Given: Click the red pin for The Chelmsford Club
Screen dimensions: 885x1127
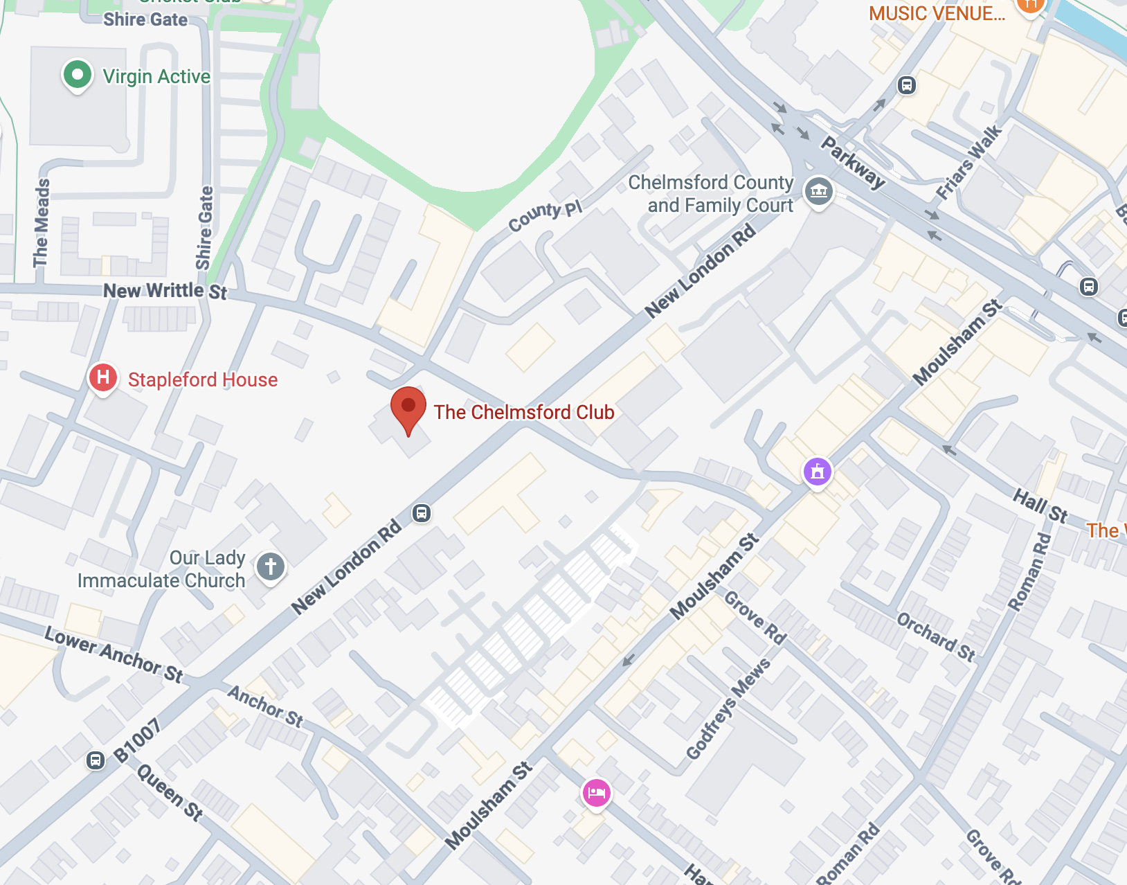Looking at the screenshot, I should [408, 407].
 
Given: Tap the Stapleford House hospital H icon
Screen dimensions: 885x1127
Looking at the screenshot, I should [102, 378].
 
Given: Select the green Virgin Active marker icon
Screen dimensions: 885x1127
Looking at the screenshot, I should [78, 75].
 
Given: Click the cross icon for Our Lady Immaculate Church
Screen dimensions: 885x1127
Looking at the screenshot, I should [271, 566].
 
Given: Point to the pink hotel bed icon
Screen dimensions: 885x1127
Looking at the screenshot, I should [596, 792].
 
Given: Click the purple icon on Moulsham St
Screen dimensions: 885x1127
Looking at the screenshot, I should [818, 472].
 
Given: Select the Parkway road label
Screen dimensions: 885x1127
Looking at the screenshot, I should [853, 162].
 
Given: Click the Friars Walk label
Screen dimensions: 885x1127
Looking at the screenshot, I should [968, 162].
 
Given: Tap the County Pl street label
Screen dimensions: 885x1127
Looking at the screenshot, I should [545, 216].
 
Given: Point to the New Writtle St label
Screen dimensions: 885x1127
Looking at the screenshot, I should [165, 291].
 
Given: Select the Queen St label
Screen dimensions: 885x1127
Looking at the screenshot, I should [170, 792].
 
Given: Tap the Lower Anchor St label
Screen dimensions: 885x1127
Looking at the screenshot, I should [114, 654].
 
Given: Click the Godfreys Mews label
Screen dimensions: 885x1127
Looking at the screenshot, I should [728, 708].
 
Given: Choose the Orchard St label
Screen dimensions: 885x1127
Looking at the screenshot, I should [936, 636].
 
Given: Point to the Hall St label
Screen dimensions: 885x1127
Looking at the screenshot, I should [1040, 505].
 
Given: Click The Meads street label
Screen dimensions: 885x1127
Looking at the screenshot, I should [42, 223].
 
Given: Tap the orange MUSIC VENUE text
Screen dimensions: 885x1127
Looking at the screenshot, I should [937, 13].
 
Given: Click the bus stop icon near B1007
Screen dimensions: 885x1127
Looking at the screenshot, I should [96, 760].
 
